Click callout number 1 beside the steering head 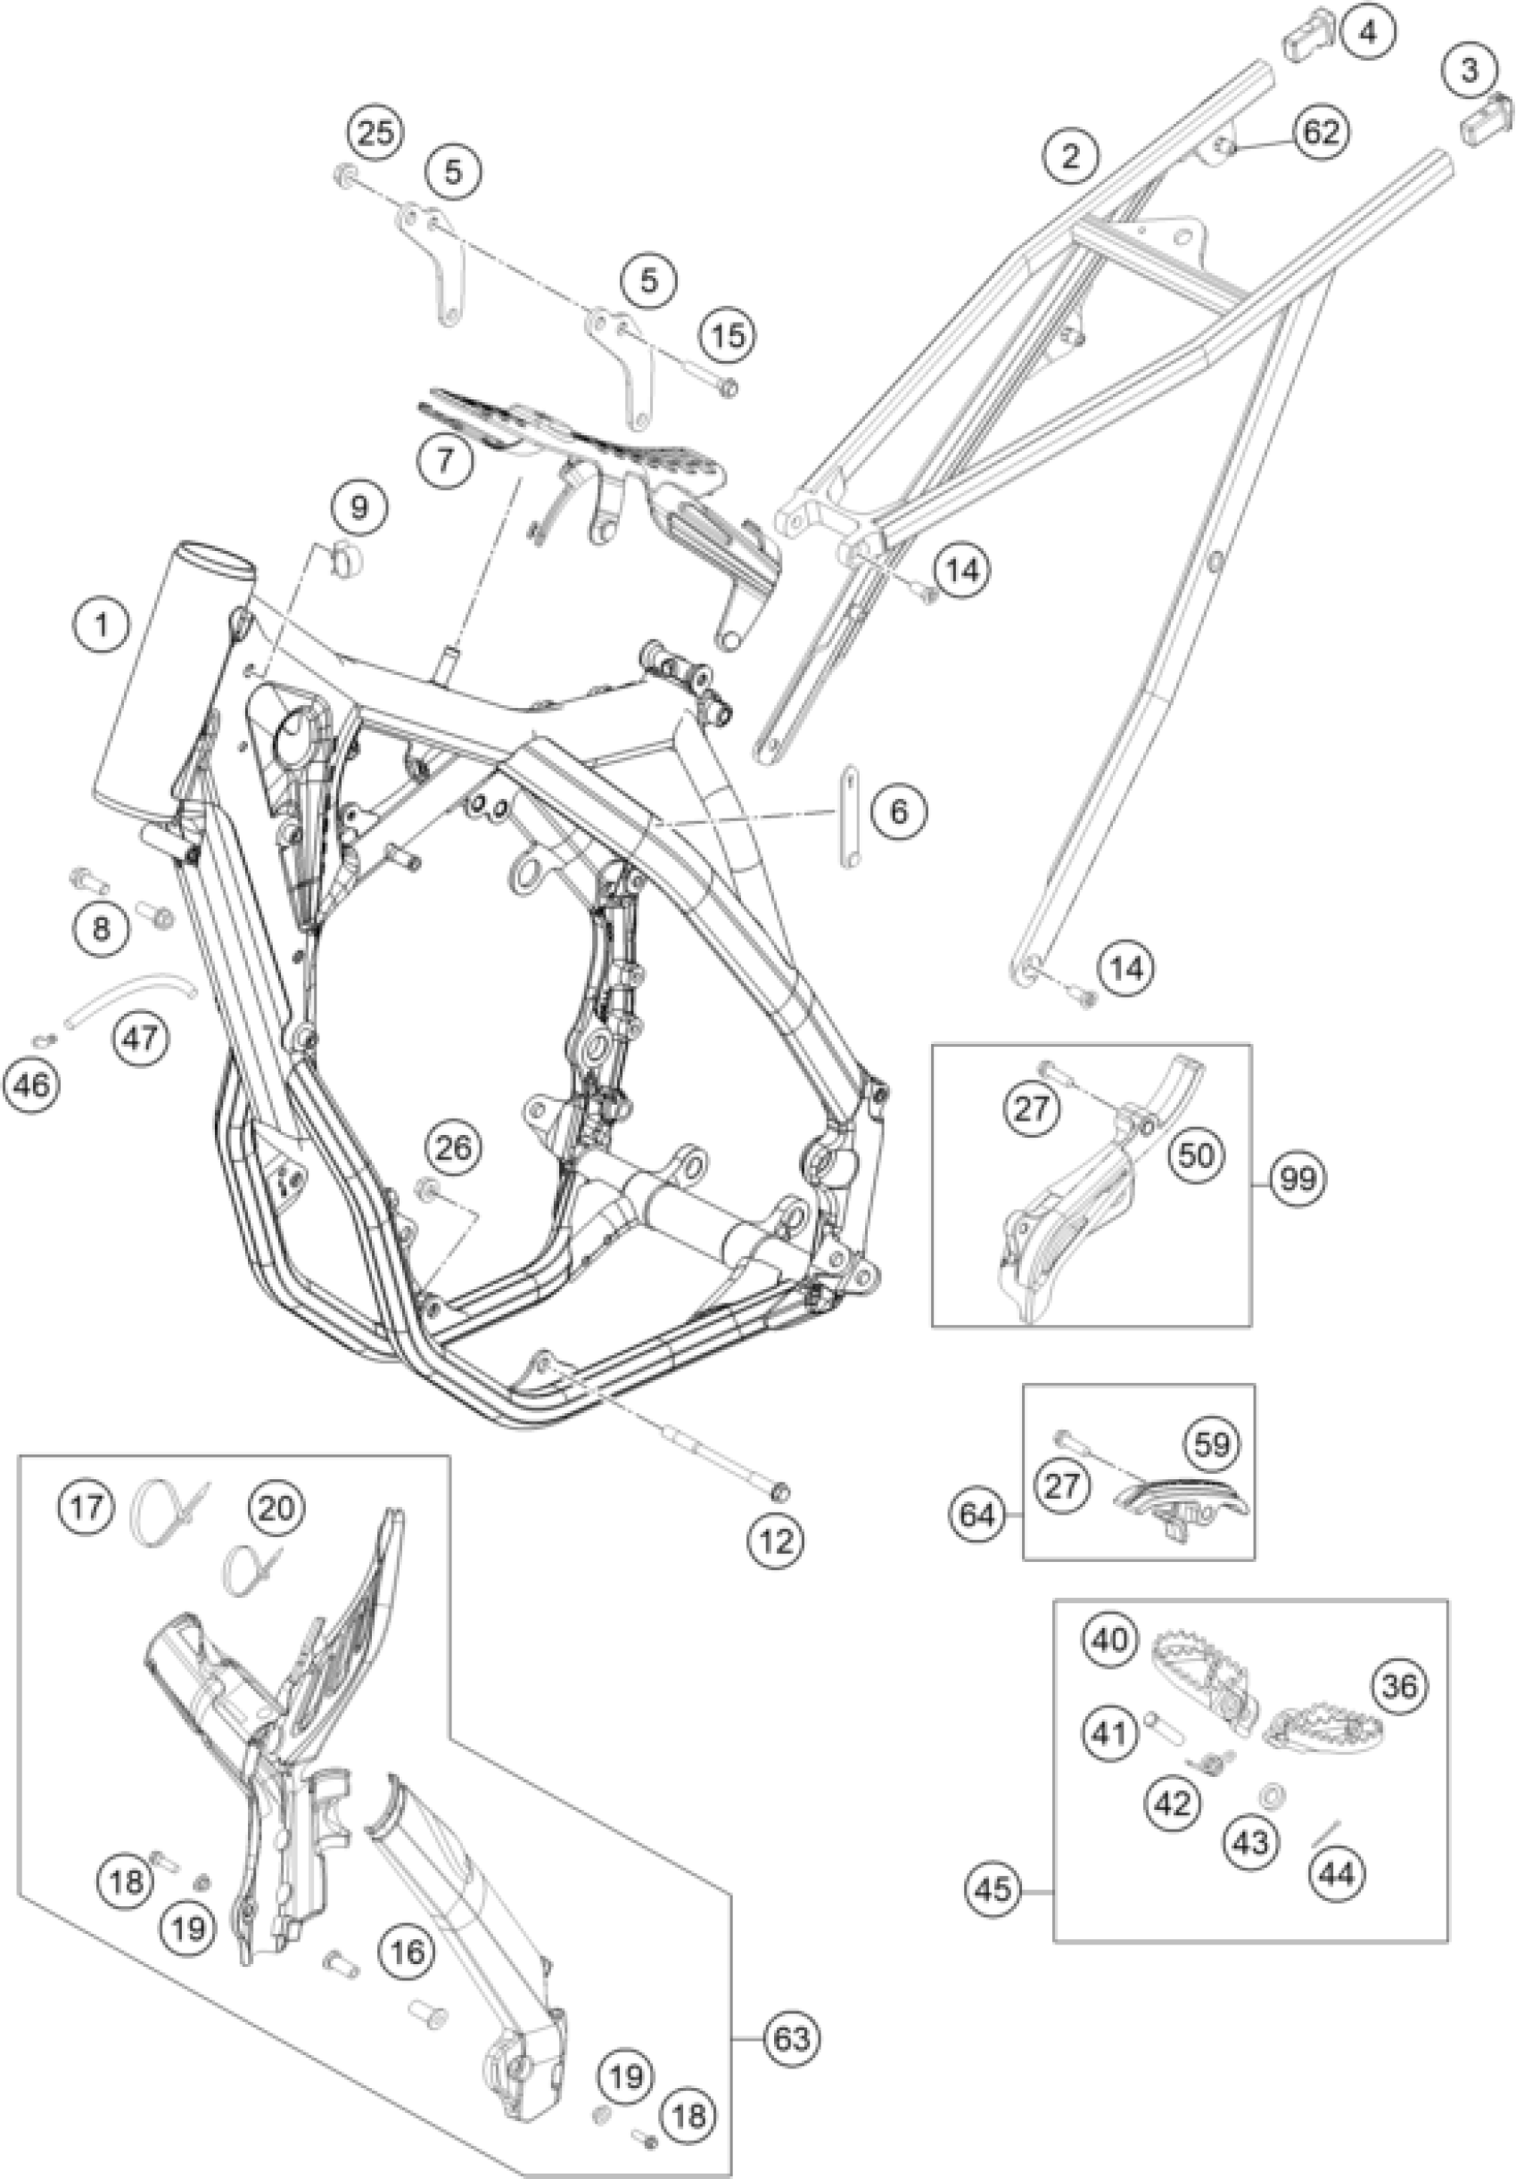pos(102,625)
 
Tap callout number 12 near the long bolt pos(777,1540)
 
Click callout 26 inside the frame pos(454,1146)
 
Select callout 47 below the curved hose pos(138,1037)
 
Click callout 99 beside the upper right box pos(1298,1180)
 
